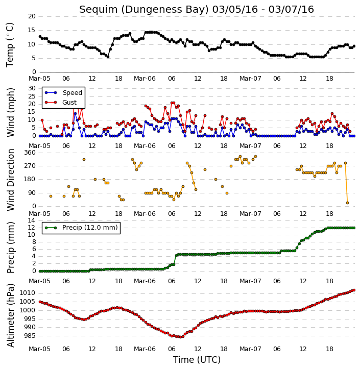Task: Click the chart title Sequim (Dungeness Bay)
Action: (x=144, y=10)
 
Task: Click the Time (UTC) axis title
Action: (x=197, y=360)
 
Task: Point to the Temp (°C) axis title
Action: (x=10, y=45)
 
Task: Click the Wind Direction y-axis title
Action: (x=11, y=180)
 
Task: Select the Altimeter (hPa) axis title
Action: (x=11, y=315)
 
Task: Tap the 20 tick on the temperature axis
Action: (x=32, y=16)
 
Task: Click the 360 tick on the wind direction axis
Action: (x=30, y=153)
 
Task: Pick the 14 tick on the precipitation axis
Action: (x=32, y=220)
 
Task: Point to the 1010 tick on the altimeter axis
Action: (x=27, y=293)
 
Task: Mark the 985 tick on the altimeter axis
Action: (x=29, y=336)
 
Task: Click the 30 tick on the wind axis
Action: (x=32, y=88)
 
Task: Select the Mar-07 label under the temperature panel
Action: (x=250, y=79)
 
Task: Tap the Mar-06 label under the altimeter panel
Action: (x=145, y=349)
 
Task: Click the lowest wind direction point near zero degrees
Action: (x=347, y=203)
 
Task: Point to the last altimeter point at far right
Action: (x=354, y=290)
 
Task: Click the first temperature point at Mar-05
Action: (x=40, y=37)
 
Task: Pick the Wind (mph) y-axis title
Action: (x=11, y=112)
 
